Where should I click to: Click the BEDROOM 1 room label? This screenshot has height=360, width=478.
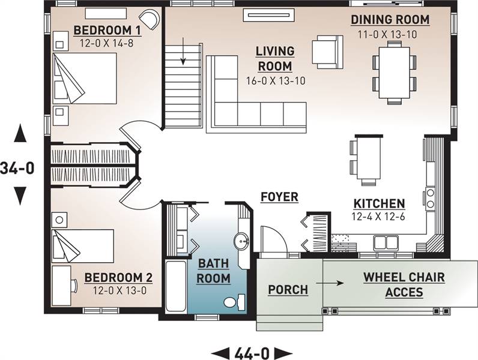point(107,31)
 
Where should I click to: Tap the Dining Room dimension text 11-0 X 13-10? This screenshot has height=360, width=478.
point(387,34)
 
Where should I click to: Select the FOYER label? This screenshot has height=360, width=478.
point(280,197)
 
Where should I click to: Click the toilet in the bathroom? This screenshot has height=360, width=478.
point(234,302)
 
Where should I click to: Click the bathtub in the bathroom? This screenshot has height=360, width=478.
point(176,286)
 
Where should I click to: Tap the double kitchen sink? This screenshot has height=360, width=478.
point(386,243)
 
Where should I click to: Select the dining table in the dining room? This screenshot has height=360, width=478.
point(394,73)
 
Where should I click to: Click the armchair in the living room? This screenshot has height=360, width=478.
point(327,52)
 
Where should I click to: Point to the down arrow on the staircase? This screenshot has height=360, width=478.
point(183,51)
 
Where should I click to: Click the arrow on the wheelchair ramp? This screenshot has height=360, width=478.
point(330,283)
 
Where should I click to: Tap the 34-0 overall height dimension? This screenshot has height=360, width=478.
point(17,168)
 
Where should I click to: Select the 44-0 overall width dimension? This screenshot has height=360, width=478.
point(252,353)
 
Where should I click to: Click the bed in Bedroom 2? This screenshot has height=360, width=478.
point(83,246)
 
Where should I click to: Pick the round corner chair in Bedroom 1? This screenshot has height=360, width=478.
point(150,19)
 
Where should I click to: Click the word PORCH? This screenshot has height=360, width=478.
point(288,290)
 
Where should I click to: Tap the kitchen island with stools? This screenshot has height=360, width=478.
point(368,158)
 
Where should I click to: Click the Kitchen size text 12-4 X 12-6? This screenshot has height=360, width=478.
point(378,217)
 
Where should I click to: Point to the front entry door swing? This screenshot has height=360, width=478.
point(273,239)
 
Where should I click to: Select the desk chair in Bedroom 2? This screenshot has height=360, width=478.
point(74,286)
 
